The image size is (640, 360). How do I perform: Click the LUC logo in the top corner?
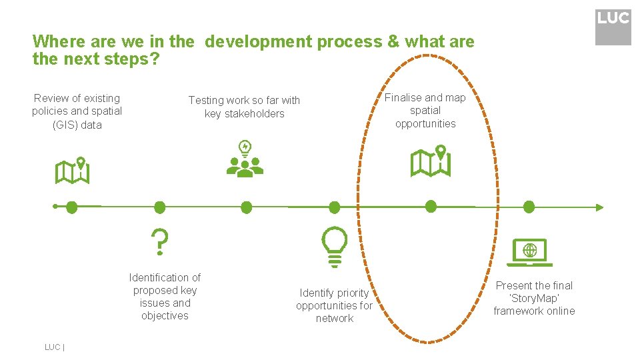coord(613,27)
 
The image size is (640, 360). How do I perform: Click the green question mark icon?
coord(159,242)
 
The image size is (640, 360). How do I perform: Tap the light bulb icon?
coord(334,245)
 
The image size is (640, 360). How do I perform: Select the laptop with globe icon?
coord(530,252)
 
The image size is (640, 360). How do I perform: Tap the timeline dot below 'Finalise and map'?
coord(431,206)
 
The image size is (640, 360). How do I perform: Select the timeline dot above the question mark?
coord(159,207)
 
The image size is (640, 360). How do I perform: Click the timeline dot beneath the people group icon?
coord(246,207)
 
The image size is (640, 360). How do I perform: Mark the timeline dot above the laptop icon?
coord(529,207)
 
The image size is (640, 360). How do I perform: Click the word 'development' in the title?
coord(258,42)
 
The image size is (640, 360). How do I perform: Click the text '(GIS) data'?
coord(77,125)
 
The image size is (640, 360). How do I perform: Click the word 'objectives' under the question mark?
coord(165,316)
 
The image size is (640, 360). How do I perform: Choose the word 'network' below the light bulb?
coord(335,319)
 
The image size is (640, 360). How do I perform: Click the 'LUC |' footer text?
coord(53,347)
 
